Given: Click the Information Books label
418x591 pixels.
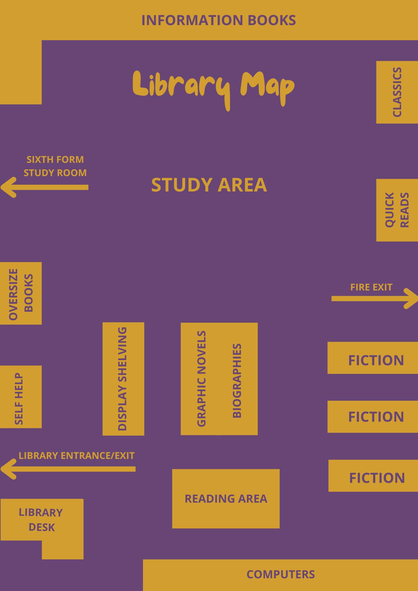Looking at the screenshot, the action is click(x=218, y=20).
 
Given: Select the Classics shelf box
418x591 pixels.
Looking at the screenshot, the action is click(x=397, y=92).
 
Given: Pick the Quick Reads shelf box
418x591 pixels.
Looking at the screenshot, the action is click(x=397, y=210).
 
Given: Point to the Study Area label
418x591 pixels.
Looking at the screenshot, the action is click(x=209, y=185).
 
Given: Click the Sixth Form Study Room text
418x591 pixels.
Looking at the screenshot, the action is click(x=55, y=166).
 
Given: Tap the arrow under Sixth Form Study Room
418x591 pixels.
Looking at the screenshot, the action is click(x=44, y=187).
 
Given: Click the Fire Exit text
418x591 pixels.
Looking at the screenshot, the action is click(x=371, y=287).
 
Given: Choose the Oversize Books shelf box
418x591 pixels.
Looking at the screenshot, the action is click(x=21, y=293).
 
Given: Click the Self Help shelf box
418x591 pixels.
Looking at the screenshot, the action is click(x=21, y=397).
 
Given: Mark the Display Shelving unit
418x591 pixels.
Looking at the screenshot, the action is click(x=123, y=379).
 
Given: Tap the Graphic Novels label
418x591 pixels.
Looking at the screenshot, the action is click(x=201, y=379).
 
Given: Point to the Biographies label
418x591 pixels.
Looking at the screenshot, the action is click(x=237, y=381).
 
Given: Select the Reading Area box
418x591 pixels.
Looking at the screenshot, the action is click(x=226, y=499).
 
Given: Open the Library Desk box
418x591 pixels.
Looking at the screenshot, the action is click(x=41, y=520).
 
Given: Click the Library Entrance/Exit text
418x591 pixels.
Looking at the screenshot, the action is click(x=77, y=456).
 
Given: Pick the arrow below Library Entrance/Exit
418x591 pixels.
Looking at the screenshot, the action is click(x=68, y=469).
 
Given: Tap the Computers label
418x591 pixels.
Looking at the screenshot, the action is click(x=281, y=574).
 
